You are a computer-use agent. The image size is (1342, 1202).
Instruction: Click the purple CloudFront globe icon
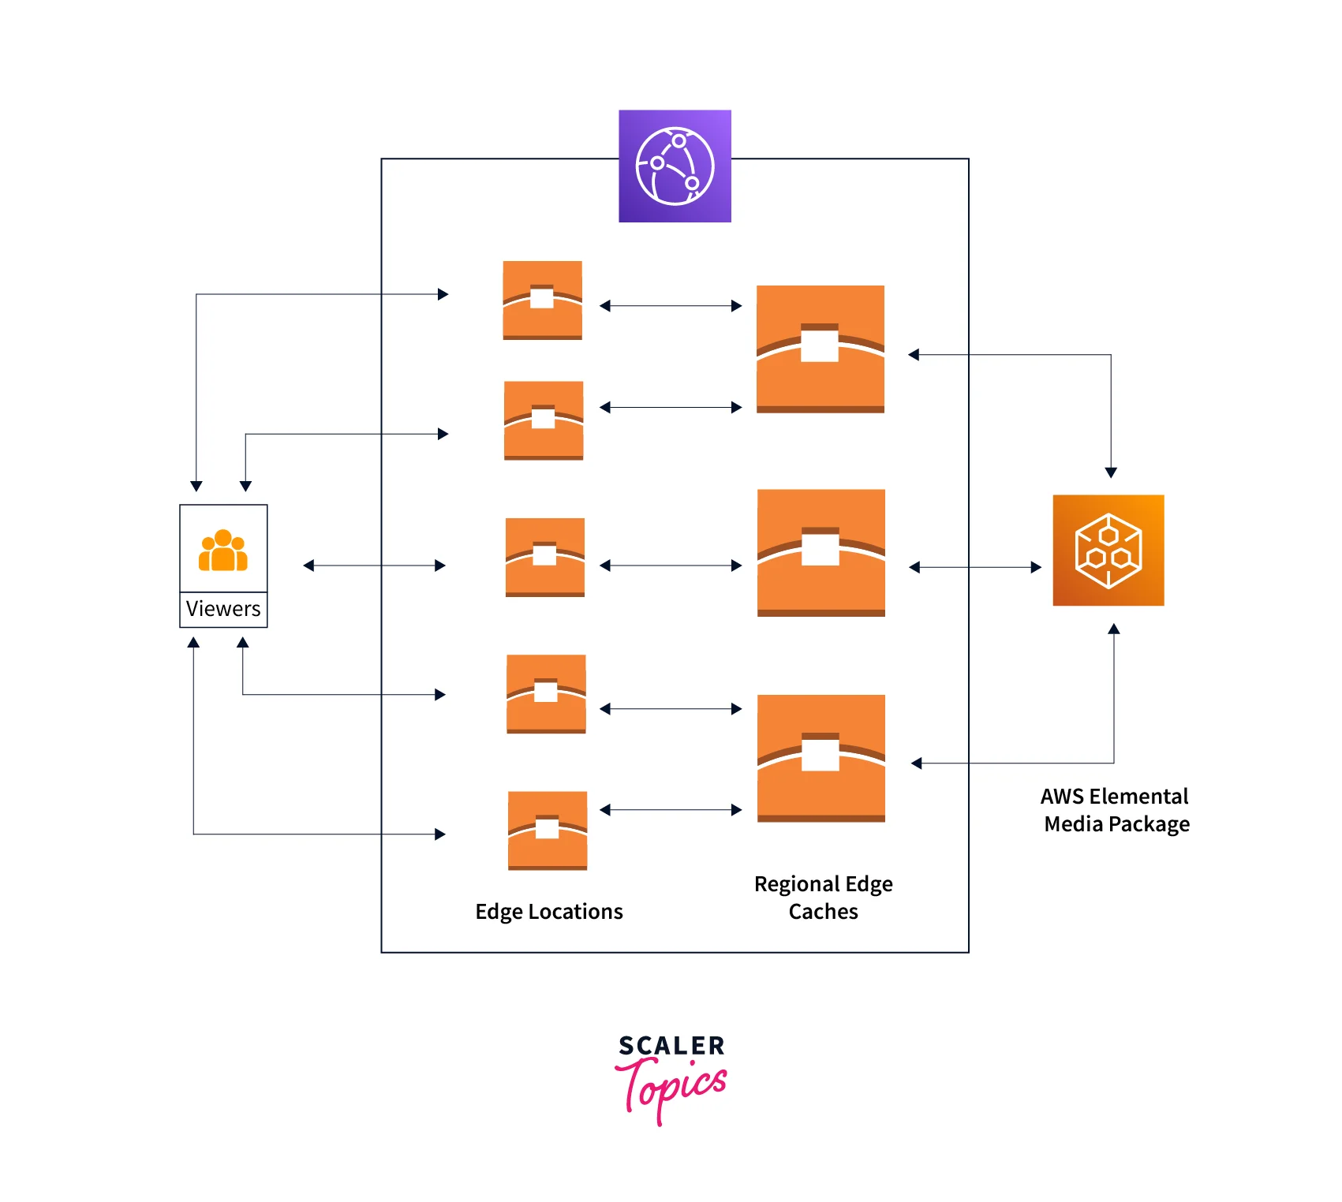pyautogui.click(x=675, y=166)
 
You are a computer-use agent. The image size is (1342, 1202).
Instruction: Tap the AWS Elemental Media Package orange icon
pyautogui.click(x=1108, y=551)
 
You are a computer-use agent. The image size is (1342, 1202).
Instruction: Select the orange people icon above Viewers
pyautogui.click(x=223, y=550)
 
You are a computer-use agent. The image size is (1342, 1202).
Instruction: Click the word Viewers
pyautogui.click(x=223, y=609)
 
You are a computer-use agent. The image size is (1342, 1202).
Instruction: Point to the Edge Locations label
pyautogui.click(x=548, y=912)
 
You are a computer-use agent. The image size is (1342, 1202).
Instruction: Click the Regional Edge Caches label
pyautogui.click(x=823, y=898)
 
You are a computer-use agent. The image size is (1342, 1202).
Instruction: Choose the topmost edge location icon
pyautogui.click(x=543, y=300)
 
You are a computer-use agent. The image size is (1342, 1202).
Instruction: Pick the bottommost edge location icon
pyautogui.click(x=548, y=831)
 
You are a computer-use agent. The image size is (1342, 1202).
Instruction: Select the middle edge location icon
pyautogui.click(x=545, y=558)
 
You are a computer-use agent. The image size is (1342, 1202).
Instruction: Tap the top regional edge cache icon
pyautogui.click(x=821, y=349)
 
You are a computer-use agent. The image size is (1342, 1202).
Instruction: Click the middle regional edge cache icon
pyautogui.click(x=821, y=552)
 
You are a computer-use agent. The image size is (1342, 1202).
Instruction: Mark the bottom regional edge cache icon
pyautogui.click(x=821, y=758)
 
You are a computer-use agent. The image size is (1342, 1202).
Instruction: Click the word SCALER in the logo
pyautogui.click(x=671, y=1047)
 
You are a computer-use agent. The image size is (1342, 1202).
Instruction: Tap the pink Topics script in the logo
pyautogui.click(x=671, y=1088)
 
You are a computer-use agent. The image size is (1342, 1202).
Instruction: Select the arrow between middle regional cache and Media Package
pyautogui.click(x=975, y=567)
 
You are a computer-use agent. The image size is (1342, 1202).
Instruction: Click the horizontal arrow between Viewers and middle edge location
pyautogui.click(x=375, y=566)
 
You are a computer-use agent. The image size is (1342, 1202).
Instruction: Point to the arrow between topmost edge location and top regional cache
pyautogui.click(x=671, y=306)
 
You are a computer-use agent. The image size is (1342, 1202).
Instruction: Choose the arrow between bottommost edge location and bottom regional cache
pyautogui.click(x=671, y=810)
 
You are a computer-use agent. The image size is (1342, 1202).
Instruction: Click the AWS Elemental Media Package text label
pyautogui.click(x=1116, y=810)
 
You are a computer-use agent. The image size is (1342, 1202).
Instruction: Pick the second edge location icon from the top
pyautogui.click(x=544, y=420)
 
